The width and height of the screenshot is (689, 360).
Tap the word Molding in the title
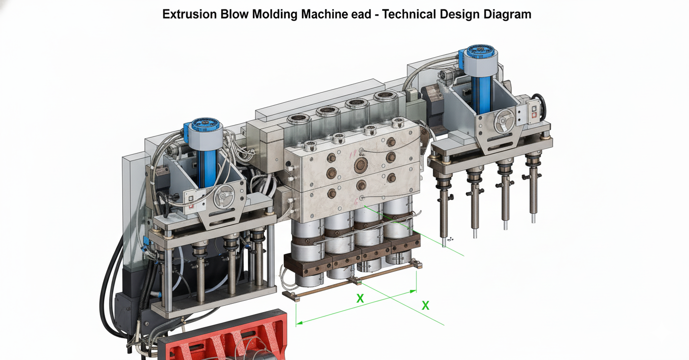coord(275,14)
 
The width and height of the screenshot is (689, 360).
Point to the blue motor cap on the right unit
coord(481,53)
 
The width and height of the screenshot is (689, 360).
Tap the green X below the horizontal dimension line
coord(360,298)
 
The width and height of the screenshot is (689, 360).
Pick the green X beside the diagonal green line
coord(426,306)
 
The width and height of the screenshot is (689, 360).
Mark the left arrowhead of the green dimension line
coord(298,323)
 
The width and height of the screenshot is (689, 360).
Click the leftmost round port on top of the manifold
coord(299,120)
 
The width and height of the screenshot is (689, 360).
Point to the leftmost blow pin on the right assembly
coord(444,210)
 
